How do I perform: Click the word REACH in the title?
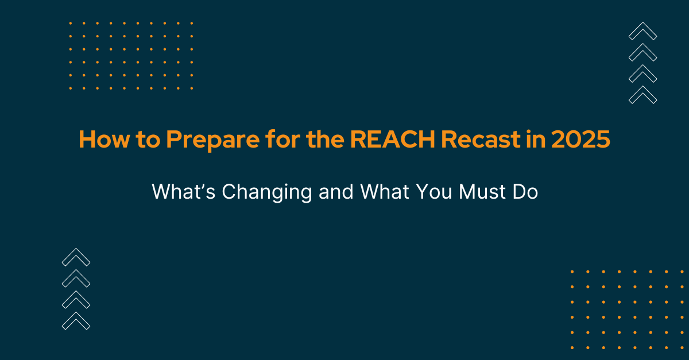[x=392, y=140]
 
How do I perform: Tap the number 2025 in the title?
[x=580, y=140]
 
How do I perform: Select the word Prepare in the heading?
[x=213, y=141]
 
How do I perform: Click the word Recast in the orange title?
[x=481, y=140]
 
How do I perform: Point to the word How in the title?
[x=104, y=140]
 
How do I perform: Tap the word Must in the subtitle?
[x=482, y=192]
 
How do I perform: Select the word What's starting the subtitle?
[x=183, y=192]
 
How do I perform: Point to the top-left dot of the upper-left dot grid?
[x=71, y=23]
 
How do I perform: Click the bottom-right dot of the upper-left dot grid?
[x=192, y=88]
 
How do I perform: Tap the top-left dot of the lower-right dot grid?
[x=572, y=272]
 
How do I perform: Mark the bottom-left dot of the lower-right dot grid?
[x=572, y=348]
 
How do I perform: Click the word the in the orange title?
[x=325, y=140]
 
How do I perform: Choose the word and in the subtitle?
[x=336, y=192]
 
